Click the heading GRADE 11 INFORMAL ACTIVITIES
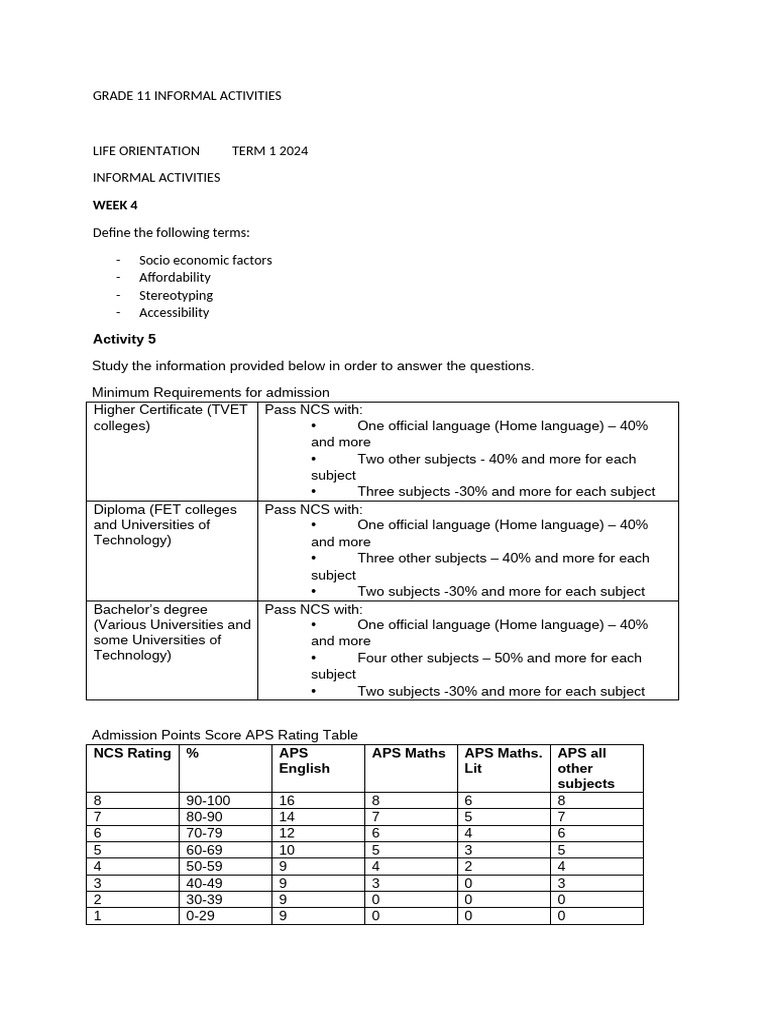(187, 96)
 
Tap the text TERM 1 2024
(270, 151)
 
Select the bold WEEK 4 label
(115, 205)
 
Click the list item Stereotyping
(176, 295)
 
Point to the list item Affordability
(175, 277)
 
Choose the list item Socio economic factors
(205, 260)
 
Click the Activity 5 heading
(124, 339)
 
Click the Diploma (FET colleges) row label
(165, 525)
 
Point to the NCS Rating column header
(132, 753)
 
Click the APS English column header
(304, 760)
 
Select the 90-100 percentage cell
(208, 801)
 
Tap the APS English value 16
(287, 801)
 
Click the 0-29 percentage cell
(201, 915)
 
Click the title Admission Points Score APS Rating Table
(224, 735)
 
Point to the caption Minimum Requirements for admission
(211, 392)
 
